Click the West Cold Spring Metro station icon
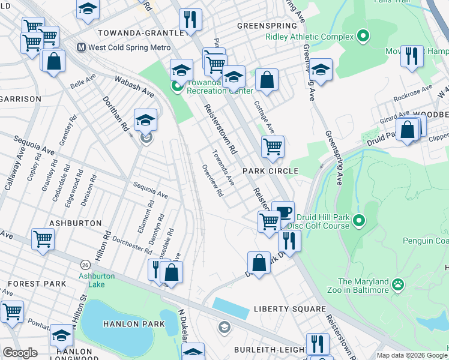tap(81, 47)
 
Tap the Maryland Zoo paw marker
tap(398, 284)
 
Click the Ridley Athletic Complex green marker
tap(362, 37)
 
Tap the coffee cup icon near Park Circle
tap(283, 212)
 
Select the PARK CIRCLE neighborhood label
tap(270, 171)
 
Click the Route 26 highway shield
tap(85, 265)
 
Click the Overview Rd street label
tap(213, 181)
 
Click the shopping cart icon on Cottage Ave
tap(273, 145)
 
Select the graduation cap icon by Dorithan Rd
tap(145, 120)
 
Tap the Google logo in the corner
tap(20, 353)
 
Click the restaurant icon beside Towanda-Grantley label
tap(190, 19)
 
